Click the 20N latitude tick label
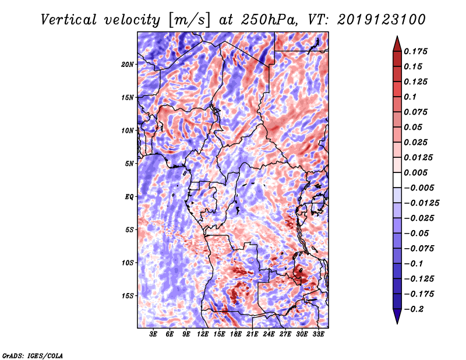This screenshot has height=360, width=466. (x=128, y=64)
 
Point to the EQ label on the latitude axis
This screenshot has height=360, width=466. (x=129, y=197)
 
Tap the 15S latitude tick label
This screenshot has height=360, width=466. (x=128, y=296)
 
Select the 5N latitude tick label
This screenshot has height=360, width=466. (x=129, y=164)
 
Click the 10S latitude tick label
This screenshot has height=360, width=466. (x=128, y=263)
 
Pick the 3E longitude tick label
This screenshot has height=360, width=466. (x=154, y=334)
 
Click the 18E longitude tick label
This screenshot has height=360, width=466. (x=236, y=334)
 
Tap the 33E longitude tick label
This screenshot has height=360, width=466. (x=319, y=334)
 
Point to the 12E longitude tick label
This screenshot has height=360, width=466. (x=203, y=334)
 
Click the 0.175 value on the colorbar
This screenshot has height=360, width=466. (x=417, y=51)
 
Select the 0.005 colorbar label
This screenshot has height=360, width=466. (x=417, y=172)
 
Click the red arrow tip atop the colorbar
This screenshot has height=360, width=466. (x=396, y=41)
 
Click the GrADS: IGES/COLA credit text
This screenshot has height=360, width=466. (x=32, y=355)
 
